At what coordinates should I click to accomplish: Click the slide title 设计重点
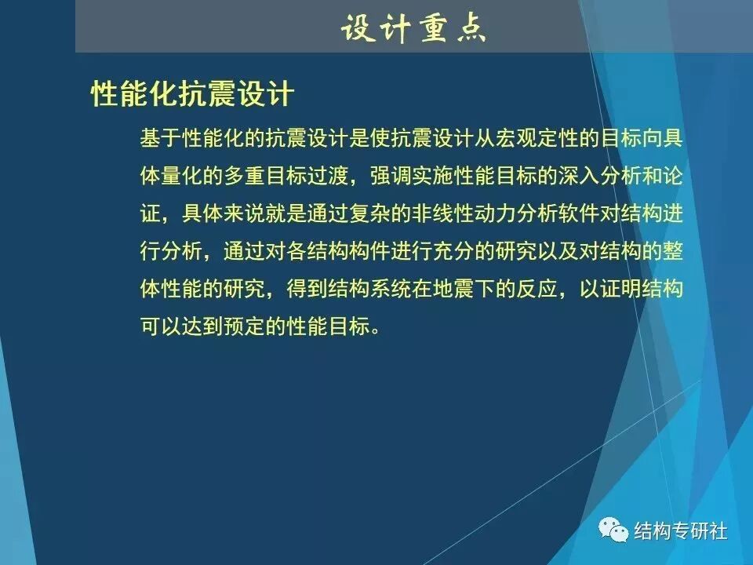coord(413,28)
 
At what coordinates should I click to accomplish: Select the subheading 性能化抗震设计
coord(192,94)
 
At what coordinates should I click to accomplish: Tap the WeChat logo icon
coord(613,531)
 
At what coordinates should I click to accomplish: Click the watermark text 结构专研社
coord(681,531)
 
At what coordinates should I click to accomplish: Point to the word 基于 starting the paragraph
coord(160,139)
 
